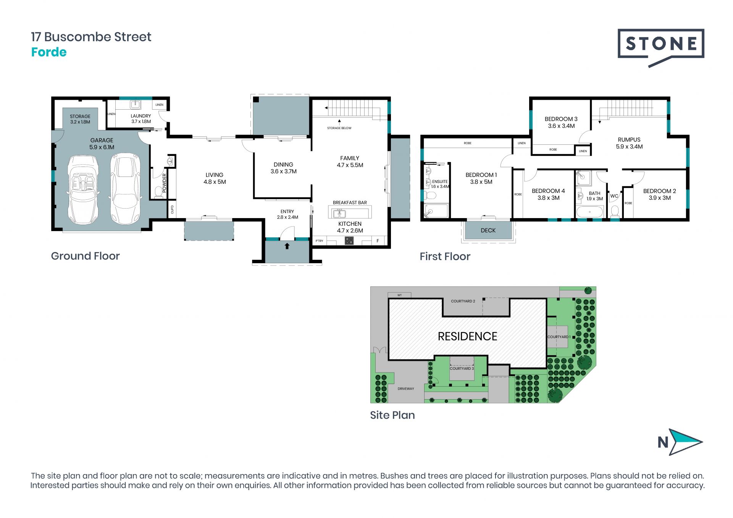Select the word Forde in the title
(49, 52)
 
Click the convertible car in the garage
(83, 189)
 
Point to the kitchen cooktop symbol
(349, 241)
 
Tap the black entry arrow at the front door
(287, 246)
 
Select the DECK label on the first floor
(488, 230)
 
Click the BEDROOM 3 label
(561, 119)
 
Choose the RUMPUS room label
(629, 140)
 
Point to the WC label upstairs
(614, 196)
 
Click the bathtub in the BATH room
(589, 212)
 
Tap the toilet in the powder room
(158, 191)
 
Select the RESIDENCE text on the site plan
(467, 336)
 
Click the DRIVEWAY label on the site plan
(406, 389)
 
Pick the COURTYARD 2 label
(463, 301)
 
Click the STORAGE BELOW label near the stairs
(339, 128)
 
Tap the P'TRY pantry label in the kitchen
(319, 241)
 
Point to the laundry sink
(136, 104)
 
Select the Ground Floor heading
(86, 256)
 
